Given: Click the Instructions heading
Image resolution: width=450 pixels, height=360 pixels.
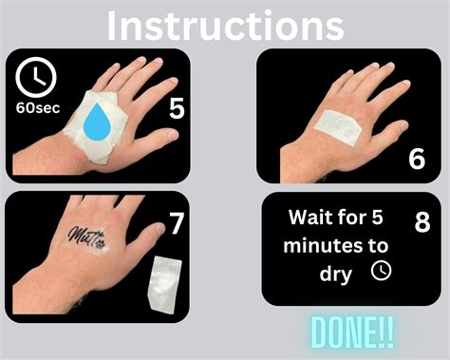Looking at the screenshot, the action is pos(225,26).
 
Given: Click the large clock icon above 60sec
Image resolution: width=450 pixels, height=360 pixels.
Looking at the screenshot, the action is pos(36,77).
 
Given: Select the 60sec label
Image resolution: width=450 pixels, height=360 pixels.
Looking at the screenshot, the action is pos(38,108).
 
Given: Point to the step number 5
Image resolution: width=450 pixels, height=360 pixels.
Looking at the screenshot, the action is pos(177,108).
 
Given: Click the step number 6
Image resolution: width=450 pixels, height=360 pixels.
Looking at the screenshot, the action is pos(417,159).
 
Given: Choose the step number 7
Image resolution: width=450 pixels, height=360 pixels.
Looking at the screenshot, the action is pos(177,223).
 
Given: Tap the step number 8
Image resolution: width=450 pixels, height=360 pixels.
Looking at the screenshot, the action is pos(422,221).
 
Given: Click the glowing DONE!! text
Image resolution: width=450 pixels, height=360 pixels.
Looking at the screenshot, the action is pos(352,332).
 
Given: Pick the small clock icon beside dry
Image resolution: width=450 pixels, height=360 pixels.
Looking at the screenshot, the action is pos(381,271).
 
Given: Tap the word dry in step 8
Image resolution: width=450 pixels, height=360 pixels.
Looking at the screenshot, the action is pos(335,275).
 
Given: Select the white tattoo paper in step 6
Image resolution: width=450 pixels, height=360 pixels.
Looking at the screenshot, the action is pos(339,128).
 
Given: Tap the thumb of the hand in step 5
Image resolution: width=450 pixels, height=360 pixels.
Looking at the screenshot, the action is pos(159,136).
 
